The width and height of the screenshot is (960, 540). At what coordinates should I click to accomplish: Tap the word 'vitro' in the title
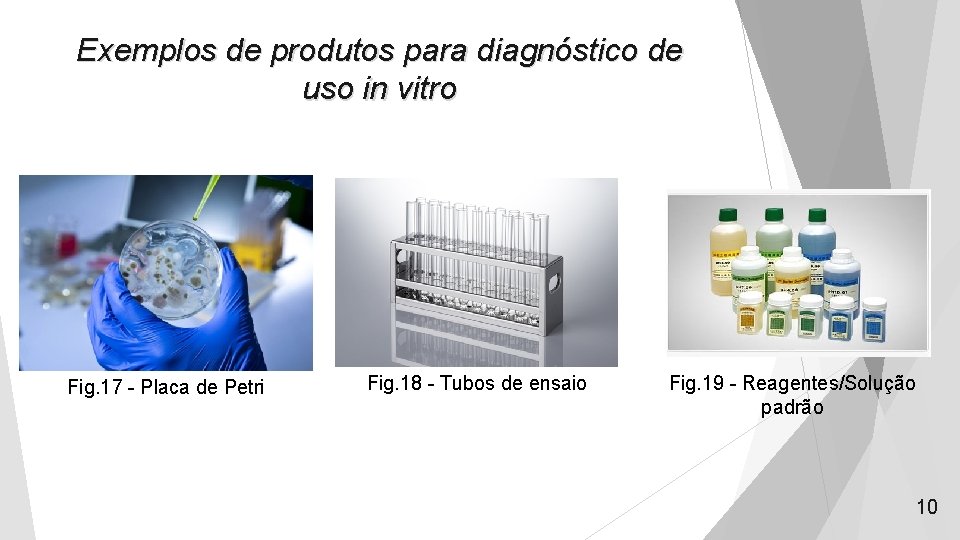[x=424, y=88]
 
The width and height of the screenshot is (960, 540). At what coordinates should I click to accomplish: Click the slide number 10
[x=927, y=507]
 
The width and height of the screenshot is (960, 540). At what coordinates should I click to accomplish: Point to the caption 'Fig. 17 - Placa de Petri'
[x=166, y=386]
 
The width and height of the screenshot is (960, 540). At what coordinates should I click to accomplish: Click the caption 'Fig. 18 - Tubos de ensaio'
[x=477, y=383]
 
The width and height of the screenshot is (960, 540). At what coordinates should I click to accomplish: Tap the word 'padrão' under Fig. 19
[x=792, y=407]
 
